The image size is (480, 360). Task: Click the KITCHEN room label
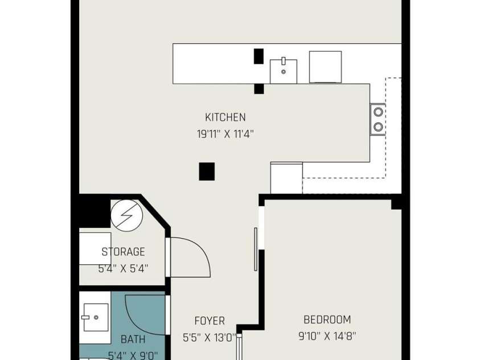(x=225, y=117)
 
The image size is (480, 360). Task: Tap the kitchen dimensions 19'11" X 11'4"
(x=225, y=134)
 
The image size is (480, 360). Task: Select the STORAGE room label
(x=123, y=252)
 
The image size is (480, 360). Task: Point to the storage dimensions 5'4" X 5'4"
(x=123, y=268)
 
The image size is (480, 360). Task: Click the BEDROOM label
(x=327, y=320)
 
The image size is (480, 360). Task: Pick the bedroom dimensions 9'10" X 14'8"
(x=327, y=336)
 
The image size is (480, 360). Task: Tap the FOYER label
(x=210, y=321)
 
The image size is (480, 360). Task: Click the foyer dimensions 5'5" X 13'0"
(x=210, y=337)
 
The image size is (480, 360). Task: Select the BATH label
(x=133, y=339)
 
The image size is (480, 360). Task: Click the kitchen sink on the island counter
(x=283, y=71)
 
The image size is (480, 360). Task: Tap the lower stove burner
(x=378, y=126)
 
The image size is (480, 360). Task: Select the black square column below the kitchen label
(x=207, y=171)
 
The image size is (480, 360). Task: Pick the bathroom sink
(x=94, y=317)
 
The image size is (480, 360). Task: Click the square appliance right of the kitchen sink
(x=325, y=67)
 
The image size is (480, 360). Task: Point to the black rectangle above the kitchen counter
(x=259, y=56)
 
